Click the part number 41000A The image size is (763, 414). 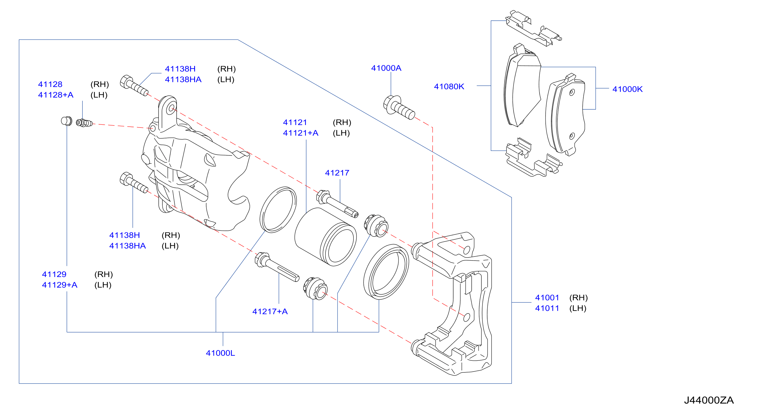[x=386, y=68]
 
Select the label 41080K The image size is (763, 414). [x=449, y=86]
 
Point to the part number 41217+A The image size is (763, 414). [x=270, y=311]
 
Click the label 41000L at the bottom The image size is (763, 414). [x=220, y=353]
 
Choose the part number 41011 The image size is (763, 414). [x=547, y=308]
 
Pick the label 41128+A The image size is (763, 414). [x=56, y=95]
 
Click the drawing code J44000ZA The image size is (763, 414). [x=709, y=400]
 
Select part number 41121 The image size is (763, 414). [x=295, y=122]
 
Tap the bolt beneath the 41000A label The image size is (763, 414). [x=399, y=108]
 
